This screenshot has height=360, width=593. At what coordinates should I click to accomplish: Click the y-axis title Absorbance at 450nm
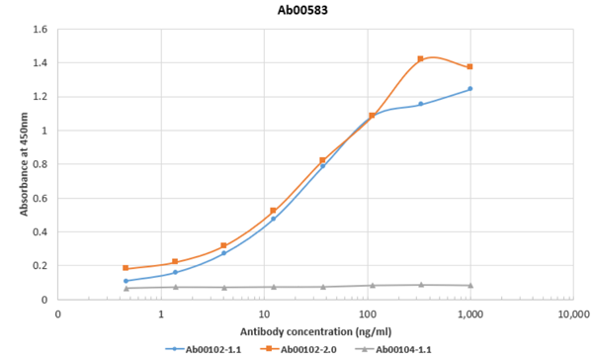[13, 164]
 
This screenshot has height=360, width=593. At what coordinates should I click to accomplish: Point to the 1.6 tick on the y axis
[41, 30]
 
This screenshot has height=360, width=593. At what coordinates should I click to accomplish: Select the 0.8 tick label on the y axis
[41, 164]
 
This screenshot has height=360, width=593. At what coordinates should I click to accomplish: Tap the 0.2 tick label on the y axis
[41, 265]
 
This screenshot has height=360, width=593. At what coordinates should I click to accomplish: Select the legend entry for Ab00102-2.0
[307, 349]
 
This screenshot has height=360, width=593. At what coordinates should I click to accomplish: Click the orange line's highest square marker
[421, 59]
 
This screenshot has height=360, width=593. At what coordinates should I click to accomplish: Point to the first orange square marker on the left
[126, 268]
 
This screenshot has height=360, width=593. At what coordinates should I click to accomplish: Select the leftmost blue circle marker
[126, 281]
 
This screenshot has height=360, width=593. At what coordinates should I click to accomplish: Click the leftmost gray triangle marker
[126, 288]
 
